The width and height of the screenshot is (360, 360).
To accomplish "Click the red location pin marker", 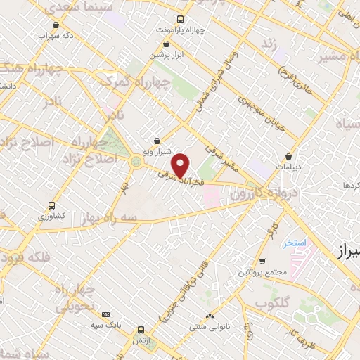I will [181, 165].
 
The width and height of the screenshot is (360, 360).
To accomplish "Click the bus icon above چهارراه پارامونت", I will [181, 19].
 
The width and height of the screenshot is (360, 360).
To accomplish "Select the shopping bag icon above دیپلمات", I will [289, 157].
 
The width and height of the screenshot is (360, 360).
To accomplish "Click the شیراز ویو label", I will [156, 151].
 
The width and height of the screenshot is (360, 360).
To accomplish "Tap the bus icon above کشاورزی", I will [51, 206].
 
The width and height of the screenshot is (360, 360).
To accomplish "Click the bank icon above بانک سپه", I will [105, 314].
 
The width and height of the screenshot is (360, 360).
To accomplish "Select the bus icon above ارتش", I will [141, 329].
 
